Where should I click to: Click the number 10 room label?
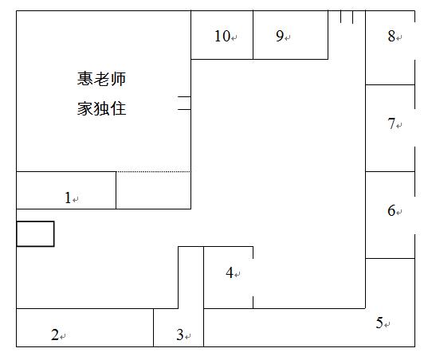[222, 36]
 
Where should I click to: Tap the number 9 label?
[280, 36]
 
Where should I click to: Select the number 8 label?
[391, 36]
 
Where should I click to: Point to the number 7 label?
[391, 123]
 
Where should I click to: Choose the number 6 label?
[391, 210]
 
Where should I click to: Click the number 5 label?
[379, 323]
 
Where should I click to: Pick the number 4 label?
[230, 272]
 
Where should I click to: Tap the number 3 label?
[180, 335]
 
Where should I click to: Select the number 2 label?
[55, 335]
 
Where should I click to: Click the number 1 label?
[68, 198]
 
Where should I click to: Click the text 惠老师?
[101, 79]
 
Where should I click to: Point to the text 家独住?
[101, 108]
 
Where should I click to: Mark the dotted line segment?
[153, 172]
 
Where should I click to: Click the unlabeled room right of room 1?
[154, 190]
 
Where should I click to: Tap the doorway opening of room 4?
[253, 277]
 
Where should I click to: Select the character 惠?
[84, 79]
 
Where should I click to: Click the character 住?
[118, 108]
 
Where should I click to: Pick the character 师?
[118, 79]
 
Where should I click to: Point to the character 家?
[84, 108]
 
